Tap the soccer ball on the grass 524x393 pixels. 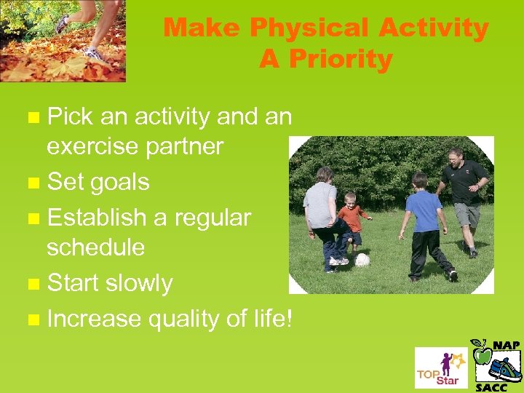(x=362, y=260)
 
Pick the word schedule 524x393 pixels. (x=95, y=247)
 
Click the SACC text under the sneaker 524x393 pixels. (x=493, y=387)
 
